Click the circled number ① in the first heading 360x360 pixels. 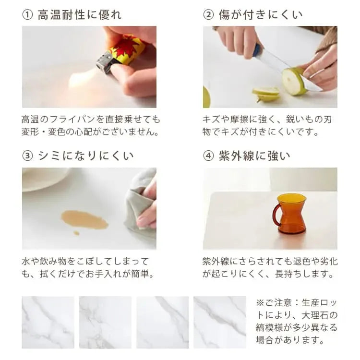click(27, 15)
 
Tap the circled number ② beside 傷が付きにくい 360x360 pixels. click(208, 15)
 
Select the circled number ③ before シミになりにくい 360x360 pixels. click(27, 156)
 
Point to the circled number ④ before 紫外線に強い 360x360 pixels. click(208, 156)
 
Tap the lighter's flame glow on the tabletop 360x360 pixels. click(82, 79)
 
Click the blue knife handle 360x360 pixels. click(258, 49)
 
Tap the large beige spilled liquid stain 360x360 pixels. click(84, 219)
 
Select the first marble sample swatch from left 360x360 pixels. click(48, 322)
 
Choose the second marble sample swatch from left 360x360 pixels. click(105, 322)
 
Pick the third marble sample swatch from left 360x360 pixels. click(162, 322)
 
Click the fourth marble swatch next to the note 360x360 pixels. click(219, 322)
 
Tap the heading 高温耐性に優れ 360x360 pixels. click(79, 15)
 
